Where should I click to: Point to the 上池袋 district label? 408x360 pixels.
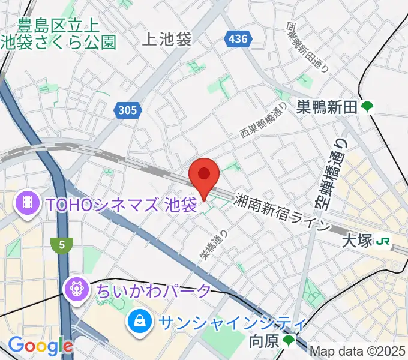[x=167, y=40]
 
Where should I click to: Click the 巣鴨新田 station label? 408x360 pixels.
[x=327, y=107]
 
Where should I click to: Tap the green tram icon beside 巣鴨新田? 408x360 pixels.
[x=367, y=107]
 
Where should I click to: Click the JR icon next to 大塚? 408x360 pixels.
[x=382, y=241]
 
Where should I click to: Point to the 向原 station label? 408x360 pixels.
[x=264, y=342]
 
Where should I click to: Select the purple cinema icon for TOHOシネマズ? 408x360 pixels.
[x=26, y=203]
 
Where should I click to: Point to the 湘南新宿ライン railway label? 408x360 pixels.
[x=283, y=211]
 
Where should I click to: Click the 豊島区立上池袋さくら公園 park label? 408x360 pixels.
[x=58, y=34]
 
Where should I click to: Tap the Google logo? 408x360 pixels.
[x=40, y=346]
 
